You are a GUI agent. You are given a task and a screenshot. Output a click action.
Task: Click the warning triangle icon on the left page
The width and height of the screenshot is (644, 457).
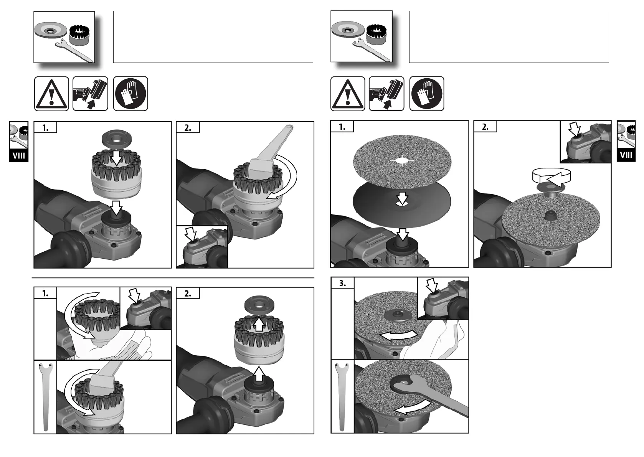[x=51, y=94]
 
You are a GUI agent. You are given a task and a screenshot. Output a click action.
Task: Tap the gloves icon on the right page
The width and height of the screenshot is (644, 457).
[x=426, y=94]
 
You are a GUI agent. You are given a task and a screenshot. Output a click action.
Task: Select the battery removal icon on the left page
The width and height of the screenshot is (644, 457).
[x=90, y=94]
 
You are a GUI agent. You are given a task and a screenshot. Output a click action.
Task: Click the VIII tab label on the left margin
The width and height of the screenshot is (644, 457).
[x=19, y=156]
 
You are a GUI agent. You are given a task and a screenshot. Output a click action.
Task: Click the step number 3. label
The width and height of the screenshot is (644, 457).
[x=342, y=283]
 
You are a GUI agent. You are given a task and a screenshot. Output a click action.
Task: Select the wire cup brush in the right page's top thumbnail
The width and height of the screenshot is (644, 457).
[x=377, y=34]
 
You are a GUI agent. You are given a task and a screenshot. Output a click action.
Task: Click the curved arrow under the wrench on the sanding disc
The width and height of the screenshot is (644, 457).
[x=413, y=407]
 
